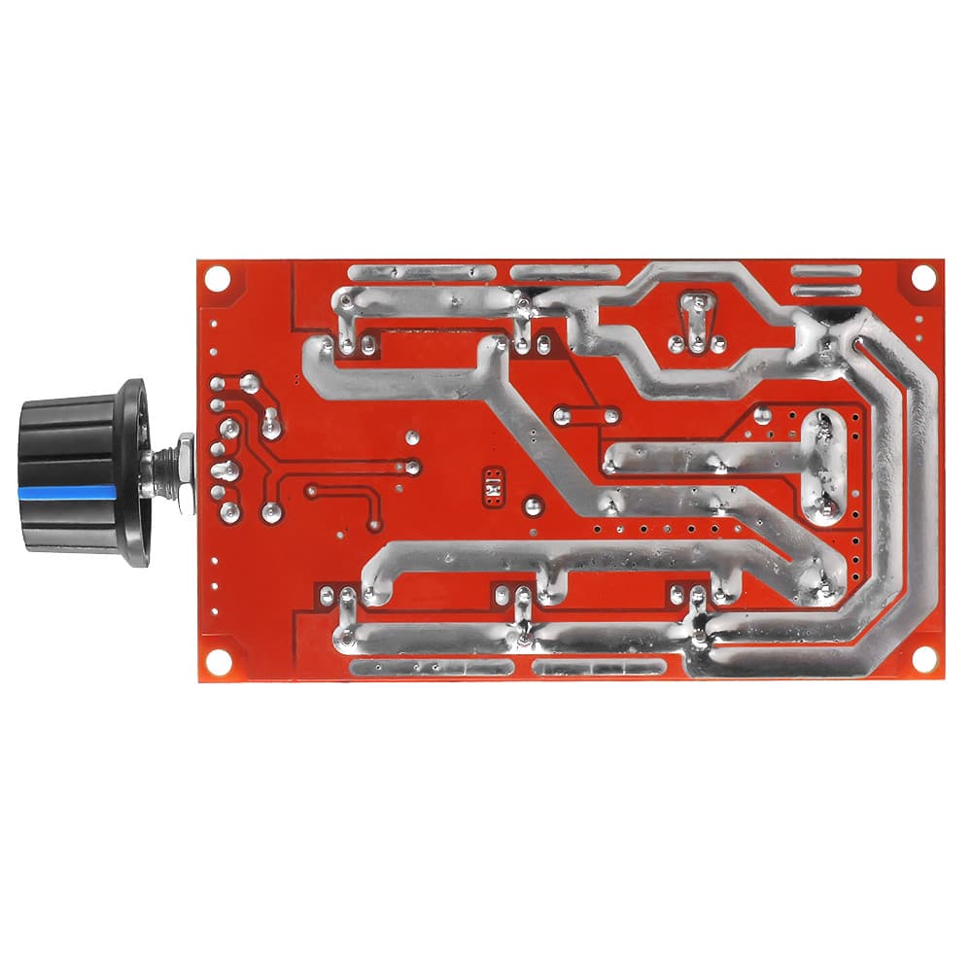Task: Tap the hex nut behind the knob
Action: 185,469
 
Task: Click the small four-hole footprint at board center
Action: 493,485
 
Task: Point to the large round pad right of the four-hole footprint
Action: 533,505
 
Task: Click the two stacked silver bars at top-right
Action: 826,280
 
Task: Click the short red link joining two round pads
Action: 586,415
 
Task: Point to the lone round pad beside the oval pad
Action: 763,416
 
